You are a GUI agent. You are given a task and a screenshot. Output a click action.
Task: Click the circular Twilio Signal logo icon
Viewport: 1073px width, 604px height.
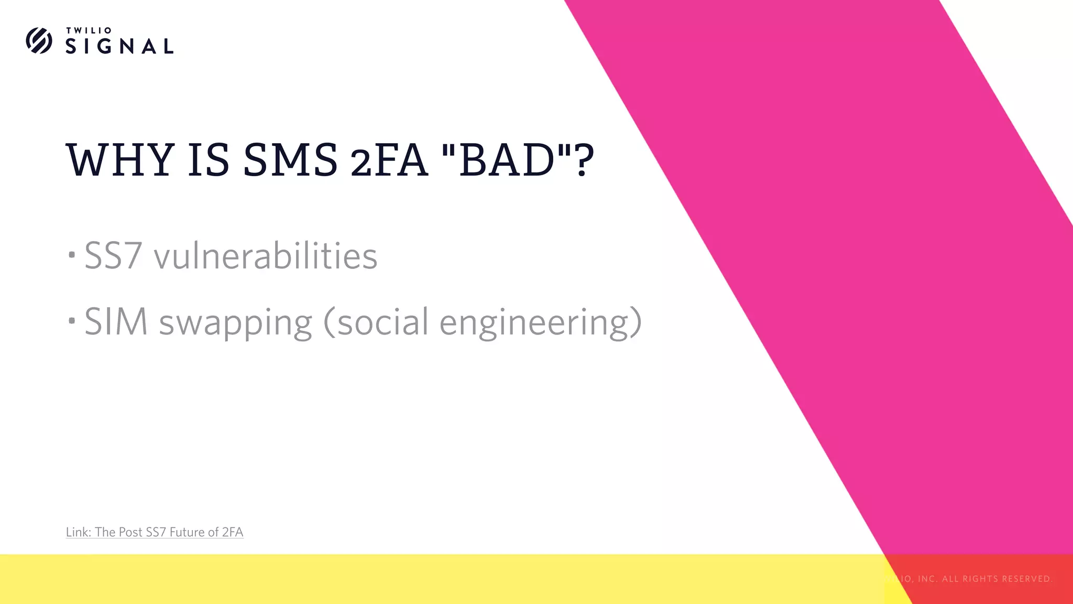(39, 40)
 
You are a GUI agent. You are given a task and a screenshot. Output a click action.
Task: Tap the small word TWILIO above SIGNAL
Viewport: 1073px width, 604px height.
(89, 30)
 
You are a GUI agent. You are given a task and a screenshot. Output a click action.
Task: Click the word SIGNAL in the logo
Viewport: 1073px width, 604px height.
(119, 46)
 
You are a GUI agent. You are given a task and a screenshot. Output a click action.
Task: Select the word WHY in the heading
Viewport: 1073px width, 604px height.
(120, 159)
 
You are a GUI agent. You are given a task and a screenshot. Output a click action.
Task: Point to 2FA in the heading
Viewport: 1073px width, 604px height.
(389, 160)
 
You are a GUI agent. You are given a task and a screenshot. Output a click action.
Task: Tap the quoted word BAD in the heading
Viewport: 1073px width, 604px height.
(506, 159)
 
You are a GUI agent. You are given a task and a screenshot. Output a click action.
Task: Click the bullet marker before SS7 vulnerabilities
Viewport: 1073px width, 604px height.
(72, 255)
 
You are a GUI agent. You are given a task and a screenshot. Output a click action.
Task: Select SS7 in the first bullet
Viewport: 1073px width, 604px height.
(113, 256)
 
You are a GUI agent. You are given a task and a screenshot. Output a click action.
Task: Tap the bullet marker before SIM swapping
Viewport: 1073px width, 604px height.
(72, 320)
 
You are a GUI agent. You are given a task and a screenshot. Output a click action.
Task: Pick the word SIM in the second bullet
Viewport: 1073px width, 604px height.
(116, 321)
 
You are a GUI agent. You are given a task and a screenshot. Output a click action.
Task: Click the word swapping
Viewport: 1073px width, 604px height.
(236, 322)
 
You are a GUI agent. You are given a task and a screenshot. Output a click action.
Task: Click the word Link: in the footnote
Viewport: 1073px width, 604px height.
(79, 532)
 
